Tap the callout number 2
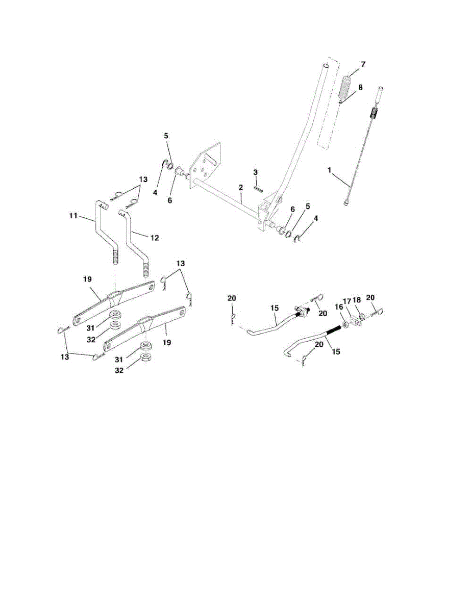pos(240,188)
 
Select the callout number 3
pos(256,173)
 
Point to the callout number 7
pos(363,64)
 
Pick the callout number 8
pos(360,87)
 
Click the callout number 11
pos(73,216)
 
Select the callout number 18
pos(356,301)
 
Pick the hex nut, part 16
pos(346,324)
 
